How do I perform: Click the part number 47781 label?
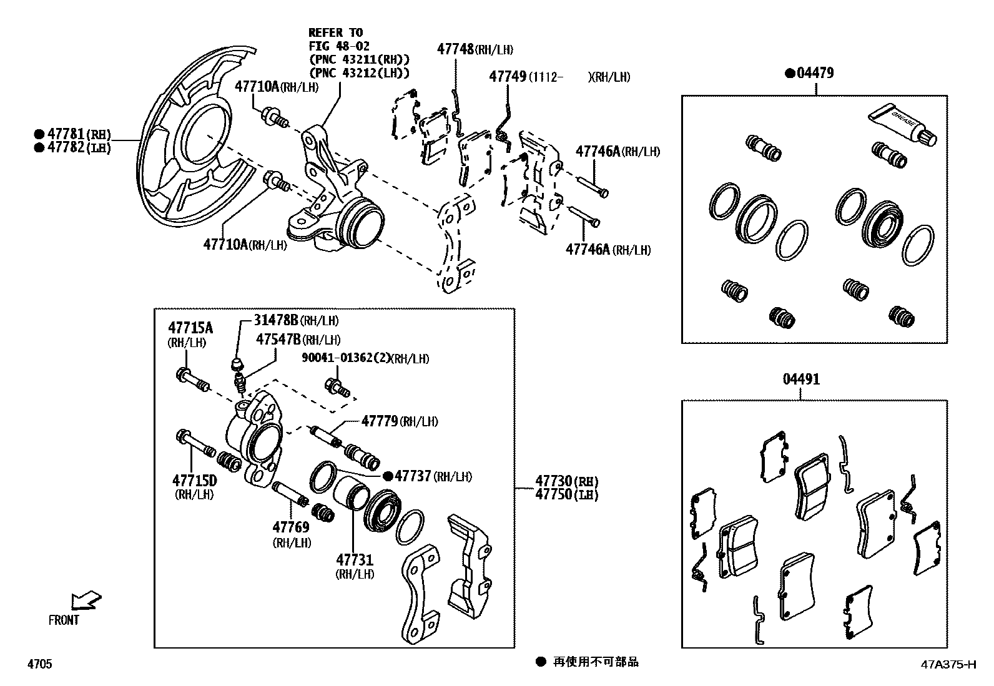(x=67, y=134)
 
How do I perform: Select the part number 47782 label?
(x=67, y=147)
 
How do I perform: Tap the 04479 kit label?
(x=814, y=73)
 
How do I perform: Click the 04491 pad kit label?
(x=801, y=380)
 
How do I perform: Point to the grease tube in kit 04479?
(x=902, y=124)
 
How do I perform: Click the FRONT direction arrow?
(x=86, y=600)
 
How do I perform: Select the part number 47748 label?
(x=456, y=49)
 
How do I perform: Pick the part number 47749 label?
(x=508, y=77)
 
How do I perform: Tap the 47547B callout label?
(x=278, y=339)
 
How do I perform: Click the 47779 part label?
(x=380, y=421)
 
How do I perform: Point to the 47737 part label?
(x=413, y=476)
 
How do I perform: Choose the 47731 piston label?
(x=355, y=559)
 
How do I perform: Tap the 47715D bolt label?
(x=194, y=480)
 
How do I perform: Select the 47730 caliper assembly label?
(x=553, y=481)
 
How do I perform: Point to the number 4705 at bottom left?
(x=39, y=665)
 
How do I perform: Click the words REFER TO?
(x=336, y=32)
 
